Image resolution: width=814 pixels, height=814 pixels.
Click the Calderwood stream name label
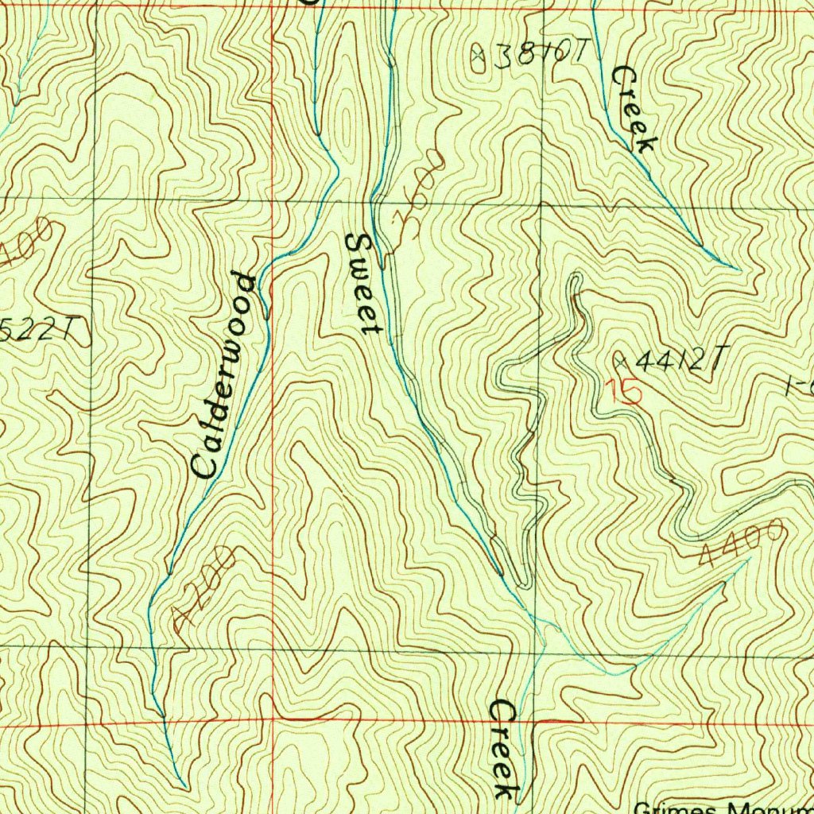pyautogui.click(x=226, y=375)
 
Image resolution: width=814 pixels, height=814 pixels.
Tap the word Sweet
pyautogui.click(x=362, y=283)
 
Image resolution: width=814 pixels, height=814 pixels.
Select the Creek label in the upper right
pyautogui.click(x=634, y=109)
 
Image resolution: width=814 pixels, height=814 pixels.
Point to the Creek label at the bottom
pyautogui.click(x=502, y=748)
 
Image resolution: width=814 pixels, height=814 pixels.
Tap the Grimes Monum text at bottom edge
pyautogui.click(x=723, y=808)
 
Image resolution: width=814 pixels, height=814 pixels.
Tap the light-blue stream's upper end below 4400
pyautogui.click(x=747, y=560)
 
